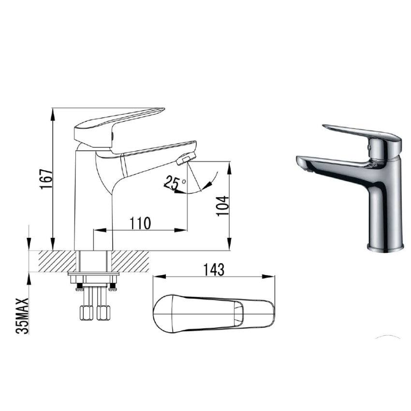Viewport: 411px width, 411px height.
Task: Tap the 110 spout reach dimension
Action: pos(141,223)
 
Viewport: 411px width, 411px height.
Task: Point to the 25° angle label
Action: pos(174,183)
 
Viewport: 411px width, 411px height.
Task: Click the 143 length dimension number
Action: pos(214,270)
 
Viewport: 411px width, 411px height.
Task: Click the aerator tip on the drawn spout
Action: pos(186,158)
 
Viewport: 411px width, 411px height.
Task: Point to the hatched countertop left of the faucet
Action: pos(53,261)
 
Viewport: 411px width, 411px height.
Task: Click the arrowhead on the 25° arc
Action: pos(209,184)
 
